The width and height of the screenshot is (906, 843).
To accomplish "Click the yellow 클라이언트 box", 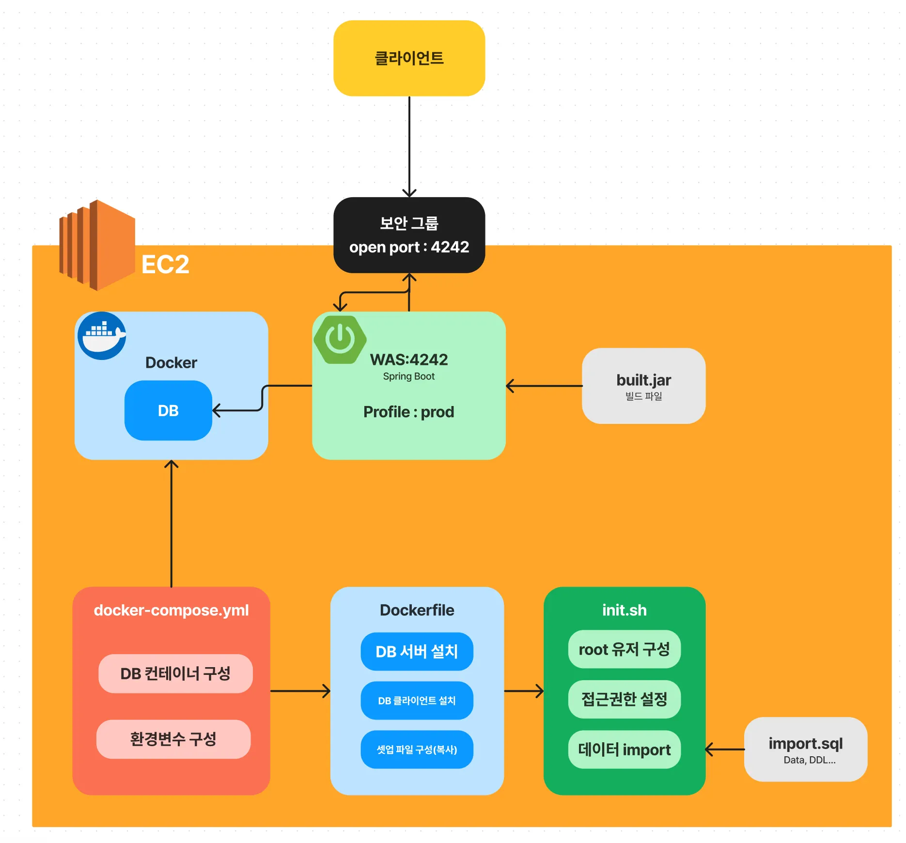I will pos(409,58).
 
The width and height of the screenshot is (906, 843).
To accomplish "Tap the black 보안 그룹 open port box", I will pos(409,235).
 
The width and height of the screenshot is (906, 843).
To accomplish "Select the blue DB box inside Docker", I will pos(168,410).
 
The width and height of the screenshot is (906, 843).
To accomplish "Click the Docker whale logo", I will pos(102,335).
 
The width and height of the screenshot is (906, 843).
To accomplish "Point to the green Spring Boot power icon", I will pos(340,339).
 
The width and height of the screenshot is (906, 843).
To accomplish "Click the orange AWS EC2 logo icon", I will pos(97,245).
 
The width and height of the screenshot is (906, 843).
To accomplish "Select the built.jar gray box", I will pos(643,386).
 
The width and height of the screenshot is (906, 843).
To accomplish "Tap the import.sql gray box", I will pos(805,749).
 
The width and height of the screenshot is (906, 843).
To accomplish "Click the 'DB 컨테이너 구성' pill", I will pos(175,673).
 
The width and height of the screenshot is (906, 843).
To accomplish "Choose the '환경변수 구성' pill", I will pos(173,739).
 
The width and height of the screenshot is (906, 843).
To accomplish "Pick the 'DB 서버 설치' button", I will pos(417,651).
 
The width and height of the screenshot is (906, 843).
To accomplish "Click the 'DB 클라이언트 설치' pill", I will pos(417,701).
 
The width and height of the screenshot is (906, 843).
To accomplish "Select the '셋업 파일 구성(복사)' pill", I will pos(417,749).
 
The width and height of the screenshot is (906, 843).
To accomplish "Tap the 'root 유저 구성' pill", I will pos(624,649).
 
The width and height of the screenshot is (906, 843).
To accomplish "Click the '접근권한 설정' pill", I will pos(624,699).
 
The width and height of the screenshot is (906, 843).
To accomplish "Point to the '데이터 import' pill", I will pos(624,749).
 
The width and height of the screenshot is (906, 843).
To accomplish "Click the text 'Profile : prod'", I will pos(408,412).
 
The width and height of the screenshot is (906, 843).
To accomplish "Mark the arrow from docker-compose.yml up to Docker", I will pos(171,523).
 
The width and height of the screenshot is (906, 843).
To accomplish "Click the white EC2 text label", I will pos(165,265).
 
